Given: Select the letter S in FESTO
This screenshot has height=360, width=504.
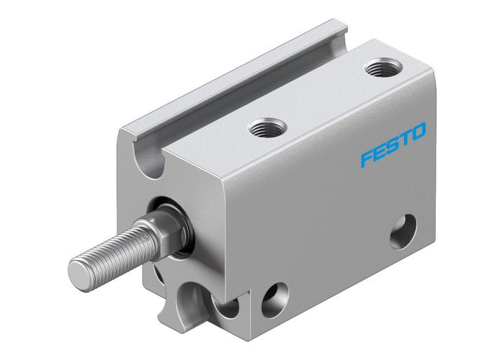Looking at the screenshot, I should [392, 145].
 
